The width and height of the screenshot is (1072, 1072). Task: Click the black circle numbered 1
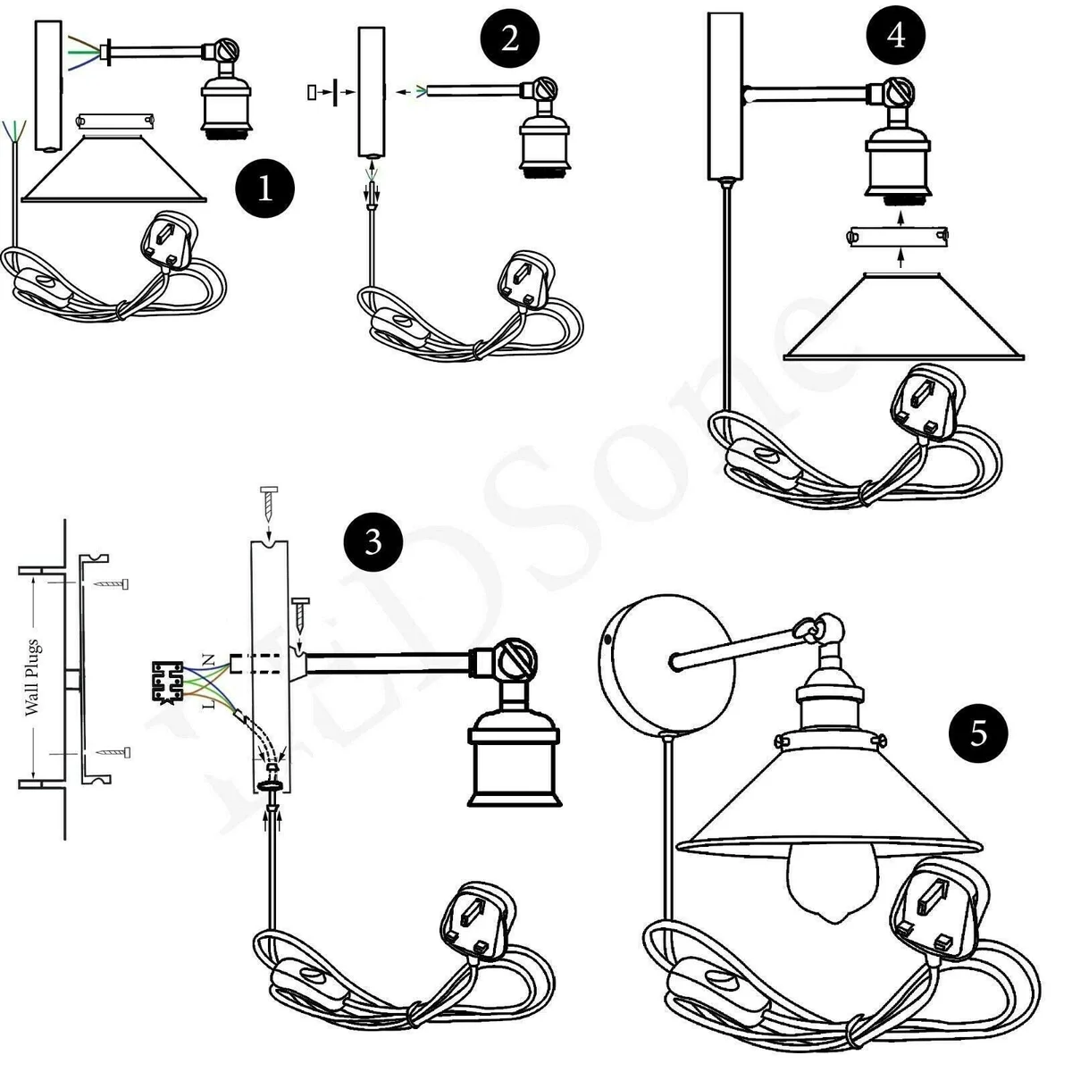point(265,188)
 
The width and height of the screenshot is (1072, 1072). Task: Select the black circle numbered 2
point(509,39)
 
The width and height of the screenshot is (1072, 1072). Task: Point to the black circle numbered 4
point(897,36)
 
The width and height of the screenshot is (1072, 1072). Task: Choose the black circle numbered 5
point(979,733)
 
